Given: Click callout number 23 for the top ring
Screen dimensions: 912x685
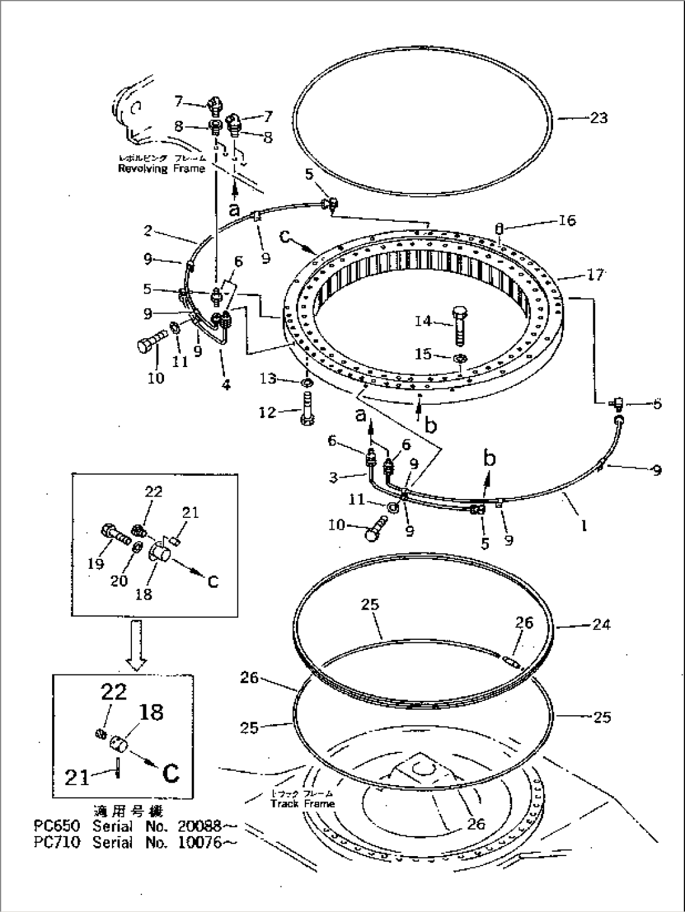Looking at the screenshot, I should point(598,118).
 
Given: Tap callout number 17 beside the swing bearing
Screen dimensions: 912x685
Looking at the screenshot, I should point(595,274).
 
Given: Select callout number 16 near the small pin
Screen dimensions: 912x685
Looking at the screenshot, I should point(567,220).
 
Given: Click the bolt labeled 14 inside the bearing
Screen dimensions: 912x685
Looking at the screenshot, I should point(458,325).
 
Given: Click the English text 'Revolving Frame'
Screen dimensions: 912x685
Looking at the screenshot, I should point(162,168).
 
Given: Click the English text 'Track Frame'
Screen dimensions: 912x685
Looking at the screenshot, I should point(302,803).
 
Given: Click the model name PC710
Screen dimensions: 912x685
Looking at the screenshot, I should point(57,842).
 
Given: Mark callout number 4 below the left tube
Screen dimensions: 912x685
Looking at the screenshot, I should point(225,384).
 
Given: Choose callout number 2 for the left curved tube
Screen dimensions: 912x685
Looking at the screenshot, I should point(148,231).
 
